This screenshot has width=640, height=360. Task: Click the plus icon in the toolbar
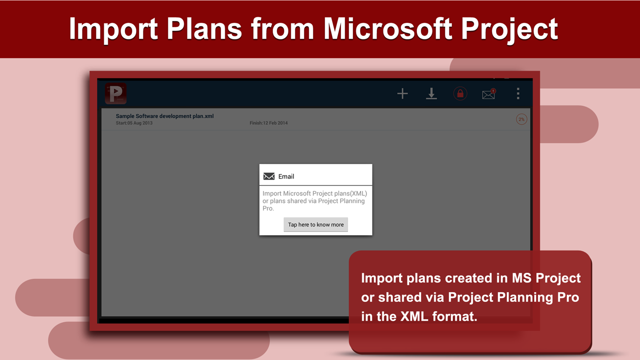[402, 94]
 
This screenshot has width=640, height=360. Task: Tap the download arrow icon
[431, 94]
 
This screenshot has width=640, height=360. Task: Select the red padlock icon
[460, 94]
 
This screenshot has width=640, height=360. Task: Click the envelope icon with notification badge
[488, 94]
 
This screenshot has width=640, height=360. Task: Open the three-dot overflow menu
[518, 93]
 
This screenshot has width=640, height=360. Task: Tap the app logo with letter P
[115, 94]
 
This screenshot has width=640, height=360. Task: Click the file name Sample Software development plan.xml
[164, 116]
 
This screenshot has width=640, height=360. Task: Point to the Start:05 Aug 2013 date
[134, 123]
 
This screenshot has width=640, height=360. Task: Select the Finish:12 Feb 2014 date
[268, 123]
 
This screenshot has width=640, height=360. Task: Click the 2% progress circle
[521, 119]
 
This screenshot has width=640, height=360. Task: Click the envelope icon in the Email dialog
[269, 176]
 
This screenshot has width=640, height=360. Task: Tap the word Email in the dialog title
[286, 176]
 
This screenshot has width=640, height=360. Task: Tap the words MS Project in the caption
[546, 278]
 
